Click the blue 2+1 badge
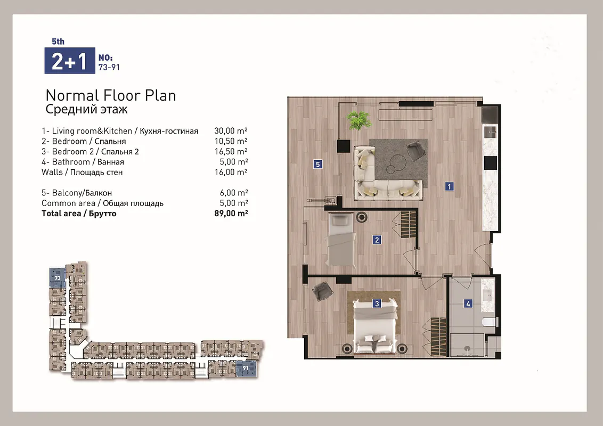click(70, 60)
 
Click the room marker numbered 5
click(317, 164)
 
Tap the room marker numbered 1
click(449, 186)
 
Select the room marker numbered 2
click(377, 240)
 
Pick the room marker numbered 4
click(468, 304)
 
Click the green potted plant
click(359, 120)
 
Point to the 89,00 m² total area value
click(231, 214)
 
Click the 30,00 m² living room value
click(231, 130)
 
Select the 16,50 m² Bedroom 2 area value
click(231, 151)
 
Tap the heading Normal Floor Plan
click(111, 95)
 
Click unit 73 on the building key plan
click(58, 277)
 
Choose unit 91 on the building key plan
click(246, 368)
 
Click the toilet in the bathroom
click(490, 322)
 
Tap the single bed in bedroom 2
click(341, 239)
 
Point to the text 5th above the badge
click(58, 42)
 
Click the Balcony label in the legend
click(77, 193)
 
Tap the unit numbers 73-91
click(109, 67)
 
